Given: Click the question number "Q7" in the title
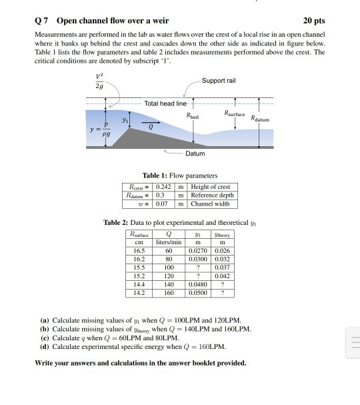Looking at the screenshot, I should pyautogui.click(x=41, y=19).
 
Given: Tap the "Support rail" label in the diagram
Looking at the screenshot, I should pyautogui.click(x=218, y=80).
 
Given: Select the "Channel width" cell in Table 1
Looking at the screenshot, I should pyautogui.click(x=210, y=204).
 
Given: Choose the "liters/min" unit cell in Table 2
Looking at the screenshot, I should pyautogui.click(x=169, y=242).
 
